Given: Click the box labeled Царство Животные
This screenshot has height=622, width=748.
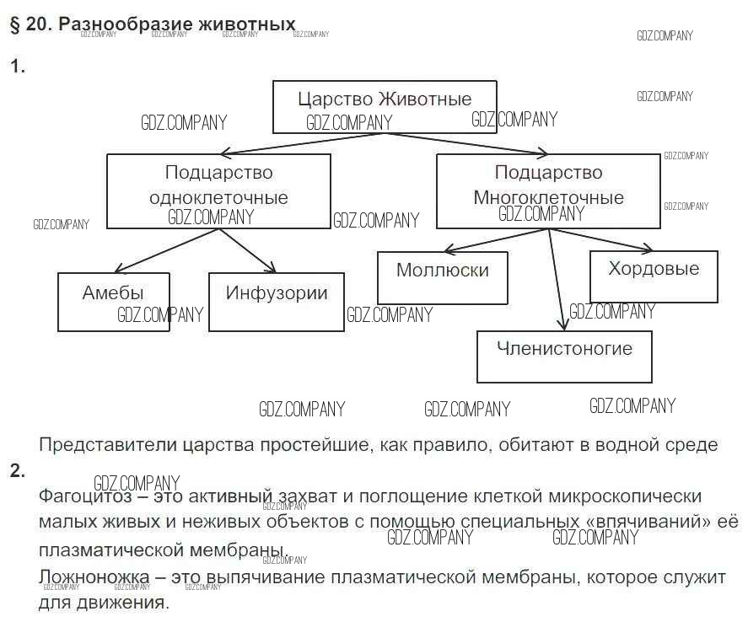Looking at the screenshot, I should point(385,106).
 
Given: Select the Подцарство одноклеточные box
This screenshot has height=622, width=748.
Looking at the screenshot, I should point(218,190).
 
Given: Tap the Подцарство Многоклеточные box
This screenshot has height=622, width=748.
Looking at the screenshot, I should point(548,190).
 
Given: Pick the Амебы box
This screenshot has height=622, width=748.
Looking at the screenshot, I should point(114,301).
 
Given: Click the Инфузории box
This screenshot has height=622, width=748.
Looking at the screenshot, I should point(276,301).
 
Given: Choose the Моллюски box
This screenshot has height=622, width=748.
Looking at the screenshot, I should point(442,277).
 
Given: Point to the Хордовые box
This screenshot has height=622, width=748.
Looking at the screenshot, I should point(654,276).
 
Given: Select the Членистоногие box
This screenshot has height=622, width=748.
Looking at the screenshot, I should point(564,357).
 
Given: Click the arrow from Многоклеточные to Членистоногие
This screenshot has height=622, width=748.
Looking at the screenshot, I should point(557,278).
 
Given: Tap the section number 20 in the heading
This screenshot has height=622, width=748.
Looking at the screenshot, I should point(36,24).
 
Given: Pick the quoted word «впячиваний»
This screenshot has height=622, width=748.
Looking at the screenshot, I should point(647,523).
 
